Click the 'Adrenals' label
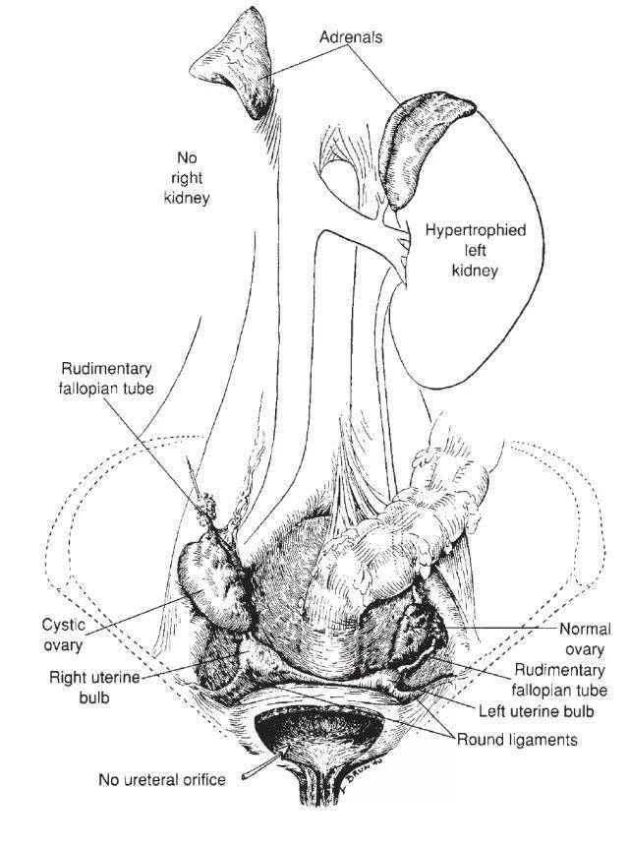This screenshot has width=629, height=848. click(351, 36)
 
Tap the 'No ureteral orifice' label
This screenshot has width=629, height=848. click(161, 780)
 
